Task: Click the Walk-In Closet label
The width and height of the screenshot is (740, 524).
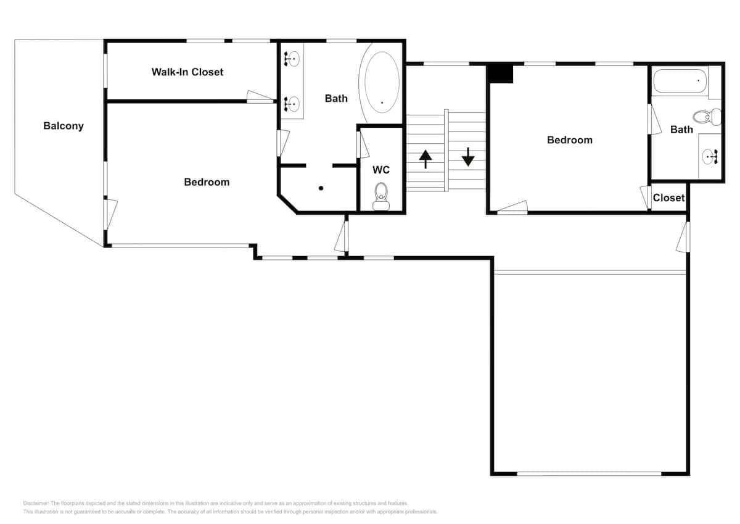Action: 187,72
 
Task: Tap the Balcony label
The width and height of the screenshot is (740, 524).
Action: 64,126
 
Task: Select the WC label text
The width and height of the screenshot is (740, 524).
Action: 381,170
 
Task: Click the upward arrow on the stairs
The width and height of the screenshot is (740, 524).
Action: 425,159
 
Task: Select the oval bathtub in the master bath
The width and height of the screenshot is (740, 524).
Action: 382,83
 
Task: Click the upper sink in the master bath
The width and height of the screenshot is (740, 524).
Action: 292,59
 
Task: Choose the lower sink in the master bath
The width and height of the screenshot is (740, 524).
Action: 292,104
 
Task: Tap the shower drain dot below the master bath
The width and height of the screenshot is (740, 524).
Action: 321,188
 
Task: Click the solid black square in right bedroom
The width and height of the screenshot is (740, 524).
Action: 501,73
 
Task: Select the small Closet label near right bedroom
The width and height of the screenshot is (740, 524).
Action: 668,198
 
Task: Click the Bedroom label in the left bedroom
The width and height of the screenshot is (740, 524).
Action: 207,182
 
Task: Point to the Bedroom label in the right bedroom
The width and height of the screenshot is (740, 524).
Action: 569,140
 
